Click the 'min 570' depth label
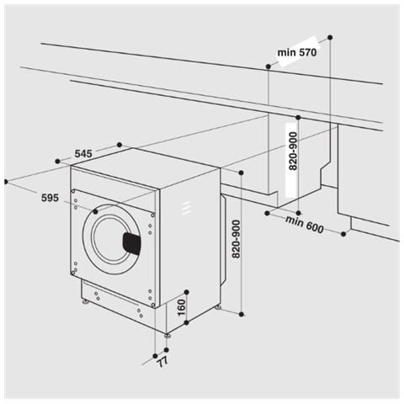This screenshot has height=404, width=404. [296, 51]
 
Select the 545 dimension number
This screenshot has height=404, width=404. [82, 153]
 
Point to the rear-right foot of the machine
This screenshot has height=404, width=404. [220, 308]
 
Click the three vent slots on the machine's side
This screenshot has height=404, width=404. [187, 206]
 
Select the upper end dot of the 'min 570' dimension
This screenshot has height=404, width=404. [329, 37]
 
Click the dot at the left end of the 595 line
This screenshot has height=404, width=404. [6, 180]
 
